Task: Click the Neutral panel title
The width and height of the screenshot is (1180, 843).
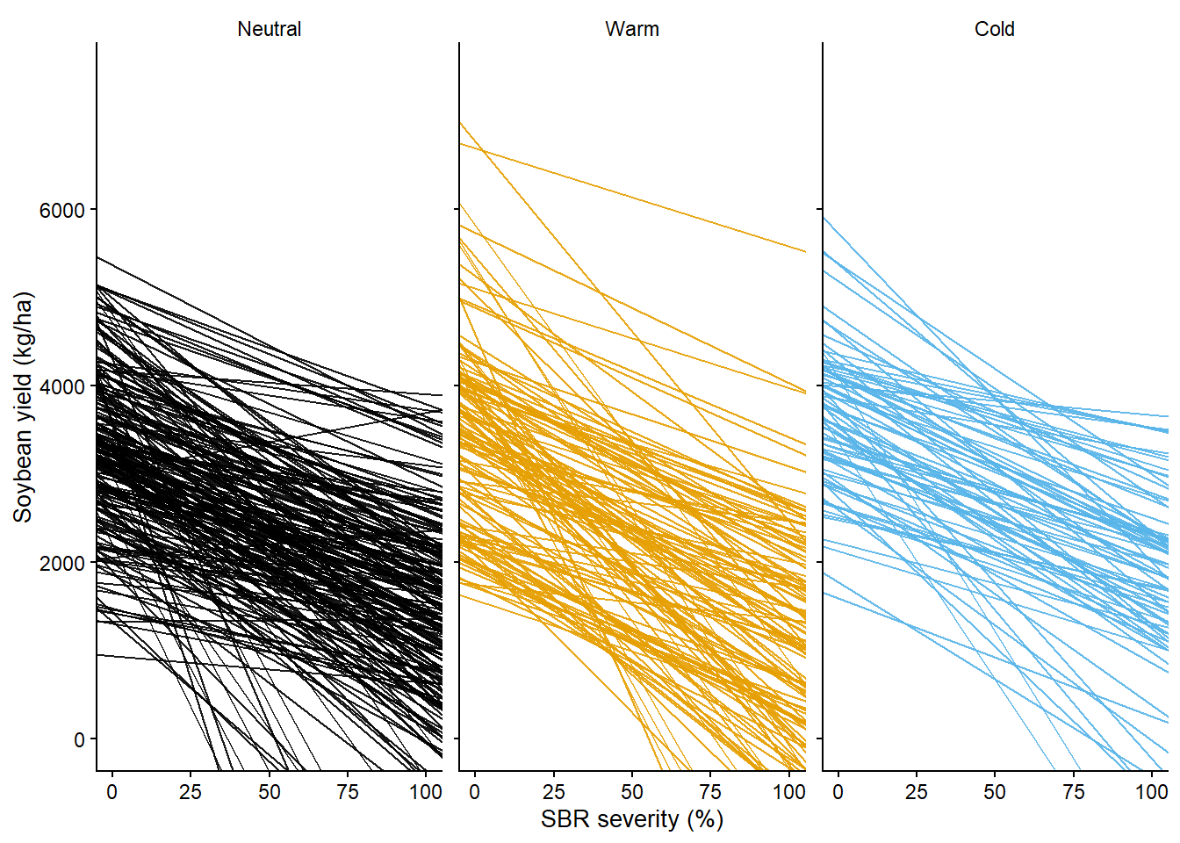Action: tap(269, 29)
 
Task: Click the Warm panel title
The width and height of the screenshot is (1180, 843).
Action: tap(631, 29)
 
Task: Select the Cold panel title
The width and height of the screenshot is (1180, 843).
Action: tap(994, 29)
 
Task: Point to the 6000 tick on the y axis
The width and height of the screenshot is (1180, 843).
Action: tap(62, 211)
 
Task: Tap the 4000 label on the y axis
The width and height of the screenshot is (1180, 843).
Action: tap(62, 387)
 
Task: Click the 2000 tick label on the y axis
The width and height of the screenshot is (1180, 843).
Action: tap(62, 564)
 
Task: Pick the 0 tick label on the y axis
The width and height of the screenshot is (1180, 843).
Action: tap(79, 740)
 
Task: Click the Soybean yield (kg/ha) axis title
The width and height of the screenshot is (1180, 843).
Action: tap(23, 407)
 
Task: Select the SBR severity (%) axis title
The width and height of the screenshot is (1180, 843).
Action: tap(631, 819)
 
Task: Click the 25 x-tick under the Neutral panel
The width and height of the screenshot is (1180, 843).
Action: tap(191, 792)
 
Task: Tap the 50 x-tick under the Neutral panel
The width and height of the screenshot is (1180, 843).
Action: tap(269, 792)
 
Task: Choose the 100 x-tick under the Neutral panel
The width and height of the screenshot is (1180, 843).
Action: tap(426, 792)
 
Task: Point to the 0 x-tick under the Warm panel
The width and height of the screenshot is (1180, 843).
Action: tap(475, 792)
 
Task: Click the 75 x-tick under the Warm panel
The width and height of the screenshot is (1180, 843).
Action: tap(710, 792)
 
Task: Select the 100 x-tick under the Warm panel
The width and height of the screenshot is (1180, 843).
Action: tap(788, 792)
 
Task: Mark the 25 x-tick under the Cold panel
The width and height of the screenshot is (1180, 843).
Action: tap(916, 792)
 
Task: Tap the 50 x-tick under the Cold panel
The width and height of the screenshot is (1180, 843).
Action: tap(995, 792)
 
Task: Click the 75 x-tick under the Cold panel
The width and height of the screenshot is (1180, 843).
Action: tap(1073, 792)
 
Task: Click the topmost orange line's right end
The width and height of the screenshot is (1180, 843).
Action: tap(804, 252)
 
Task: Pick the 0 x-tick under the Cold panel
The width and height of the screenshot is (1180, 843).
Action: tap(838, 792)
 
